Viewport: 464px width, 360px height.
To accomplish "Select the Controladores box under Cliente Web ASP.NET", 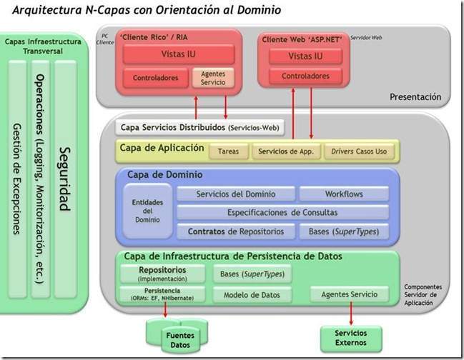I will pyautogui.click(x=305, y=76).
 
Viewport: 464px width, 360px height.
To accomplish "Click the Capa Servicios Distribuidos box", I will pyautogui.click(x=199, y=129).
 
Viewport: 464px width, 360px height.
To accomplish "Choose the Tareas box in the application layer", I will pyautogui.click(x=228, y=151).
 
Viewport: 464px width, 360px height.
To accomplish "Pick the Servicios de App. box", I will pyautogui.click(x=285, y=151).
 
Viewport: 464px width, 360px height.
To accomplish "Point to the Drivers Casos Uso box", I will pyautogui.click(x=358, y=151).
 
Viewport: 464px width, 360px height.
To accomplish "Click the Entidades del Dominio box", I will pyautogui.click(x=147, y=211).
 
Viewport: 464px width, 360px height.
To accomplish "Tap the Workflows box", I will pyautogui.click(x=343, y=194).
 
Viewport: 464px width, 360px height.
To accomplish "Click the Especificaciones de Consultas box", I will pyautogui.click(x=282, y=212).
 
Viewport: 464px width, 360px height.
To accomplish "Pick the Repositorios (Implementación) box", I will pyautogui.click(x=163, y=274).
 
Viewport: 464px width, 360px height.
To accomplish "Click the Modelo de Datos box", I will pyautogui.click(x=252, y=294).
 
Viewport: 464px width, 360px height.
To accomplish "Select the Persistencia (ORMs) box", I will pyautogui.click(x=163, y=294).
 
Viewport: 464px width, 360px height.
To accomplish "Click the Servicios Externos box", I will pyautogui.click(x=351, y=337).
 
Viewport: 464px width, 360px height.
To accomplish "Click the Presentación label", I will pyautogui.click(x=415, y=96).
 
